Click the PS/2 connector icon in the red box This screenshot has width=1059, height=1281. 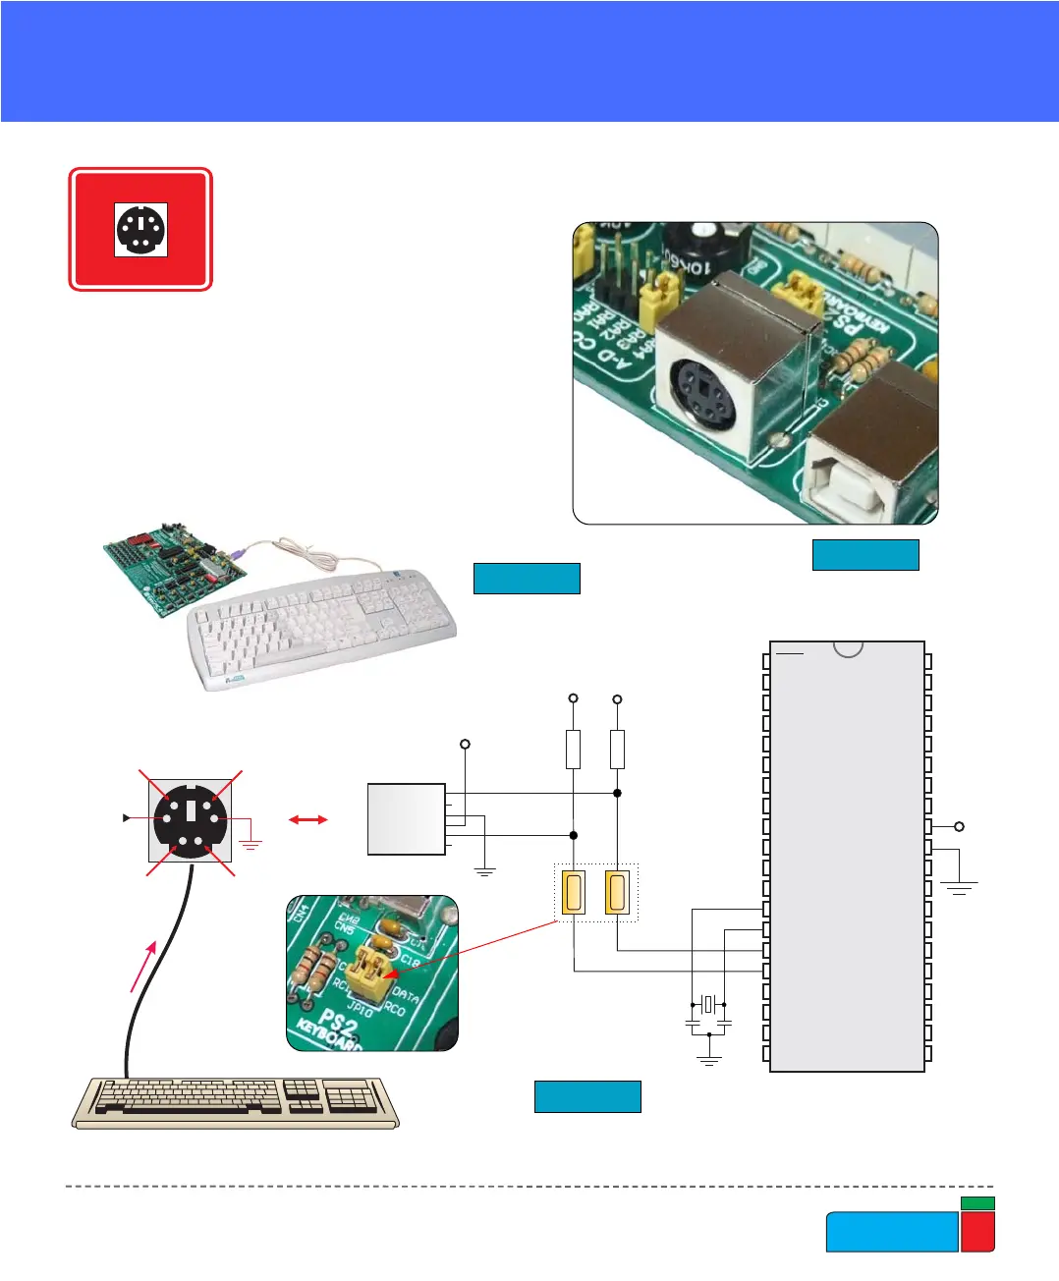coord(140,230)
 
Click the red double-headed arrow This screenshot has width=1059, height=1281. coord(307,819)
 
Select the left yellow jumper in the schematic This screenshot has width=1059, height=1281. coord(573,893)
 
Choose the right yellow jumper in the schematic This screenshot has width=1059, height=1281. coord(617,893)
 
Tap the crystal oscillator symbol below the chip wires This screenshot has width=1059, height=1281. coord(708,1004)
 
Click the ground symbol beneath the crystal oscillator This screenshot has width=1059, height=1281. coord(708,1060)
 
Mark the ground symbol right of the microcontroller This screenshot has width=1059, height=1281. coord(959,887)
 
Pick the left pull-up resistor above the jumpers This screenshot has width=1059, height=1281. coord(573,749)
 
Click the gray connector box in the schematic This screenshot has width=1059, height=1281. coord(406,819)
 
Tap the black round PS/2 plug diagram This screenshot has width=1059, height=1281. coord(191,817)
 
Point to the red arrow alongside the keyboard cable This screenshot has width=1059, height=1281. coord(142,966)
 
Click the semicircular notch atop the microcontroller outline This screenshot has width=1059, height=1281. coord(848,648)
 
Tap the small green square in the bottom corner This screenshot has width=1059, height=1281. coord(977,1203)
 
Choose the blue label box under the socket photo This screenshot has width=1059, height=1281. coord(865,555)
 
